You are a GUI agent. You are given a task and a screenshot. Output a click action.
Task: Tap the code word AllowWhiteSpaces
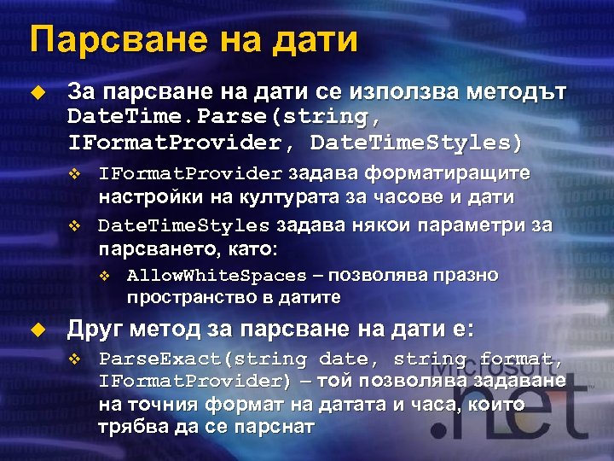217,275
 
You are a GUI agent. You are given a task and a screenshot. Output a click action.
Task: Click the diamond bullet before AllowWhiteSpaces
105,275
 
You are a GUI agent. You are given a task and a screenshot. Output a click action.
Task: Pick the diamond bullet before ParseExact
74,358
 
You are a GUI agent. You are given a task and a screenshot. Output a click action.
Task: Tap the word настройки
142,197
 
